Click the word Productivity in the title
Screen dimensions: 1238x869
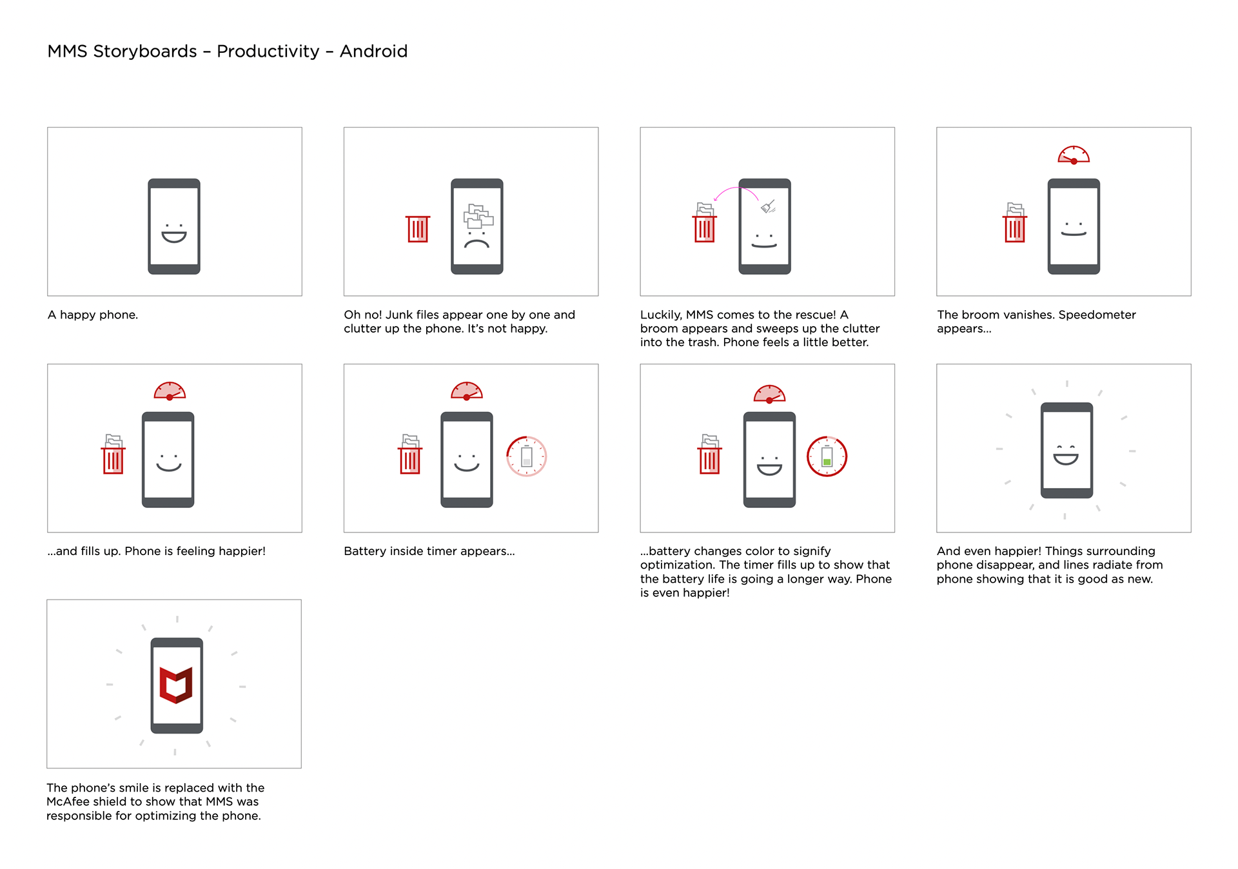click(268, 52)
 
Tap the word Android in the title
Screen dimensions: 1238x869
click(373, 51)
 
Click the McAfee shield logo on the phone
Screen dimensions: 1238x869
click(176, 685)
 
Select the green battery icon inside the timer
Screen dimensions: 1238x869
click(827, 456)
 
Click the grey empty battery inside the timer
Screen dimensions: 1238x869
click(526, 456)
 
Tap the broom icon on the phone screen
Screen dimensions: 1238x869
click(767, 206)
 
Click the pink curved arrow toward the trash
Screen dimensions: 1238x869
click(735, 188)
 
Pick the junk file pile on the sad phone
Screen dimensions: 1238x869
click(478, 216)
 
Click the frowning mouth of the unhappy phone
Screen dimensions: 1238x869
click(477, 244)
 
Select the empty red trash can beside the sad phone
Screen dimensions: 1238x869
click(418, 229)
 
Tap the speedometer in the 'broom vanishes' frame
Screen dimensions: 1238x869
click(1074, 155)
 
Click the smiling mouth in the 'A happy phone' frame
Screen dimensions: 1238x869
click(174, 237)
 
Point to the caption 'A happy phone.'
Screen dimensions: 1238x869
click(93, 315)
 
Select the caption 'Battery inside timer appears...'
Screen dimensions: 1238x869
click(429, 551)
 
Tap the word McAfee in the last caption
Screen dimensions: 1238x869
click(66, 801)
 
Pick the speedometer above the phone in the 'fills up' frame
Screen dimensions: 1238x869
click(170, 391)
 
